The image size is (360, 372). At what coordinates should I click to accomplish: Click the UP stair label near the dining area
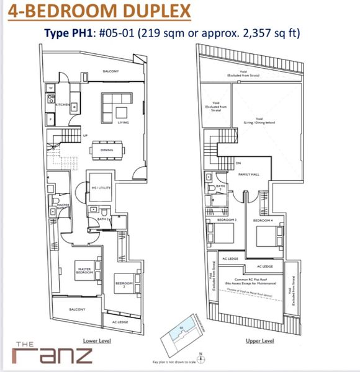pyautogui.click(x=85, y=135)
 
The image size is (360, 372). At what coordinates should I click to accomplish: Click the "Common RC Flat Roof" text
pyautogui.click(x=253, y=280)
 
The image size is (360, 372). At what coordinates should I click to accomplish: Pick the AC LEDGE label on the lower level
pyautogui.click(x=119, y=322)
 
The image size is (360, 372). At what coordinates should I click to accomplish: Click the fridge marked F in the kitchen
pyautogui.click(x=50, y=117)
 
